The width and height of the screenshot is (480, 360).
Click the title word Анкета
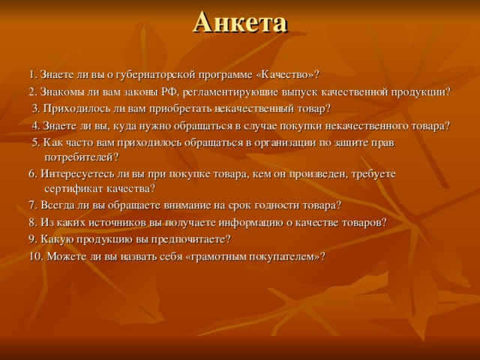point(240,22)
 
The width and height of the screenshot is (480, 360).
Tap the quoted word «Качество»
point(286,74)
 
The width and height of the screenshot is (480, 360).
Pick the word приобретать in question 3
point(182,109)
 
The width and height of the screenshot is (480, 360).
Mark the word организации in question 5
point(262,142)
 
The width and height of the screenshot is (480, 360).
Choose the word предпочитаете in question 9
point(190,239)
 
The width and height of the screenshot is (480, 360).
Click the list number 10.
point(35,256)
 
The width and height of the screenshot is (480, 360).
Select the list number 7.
point(32,205)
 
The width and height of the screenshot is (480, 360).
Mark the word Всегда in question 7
point(58,205)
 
